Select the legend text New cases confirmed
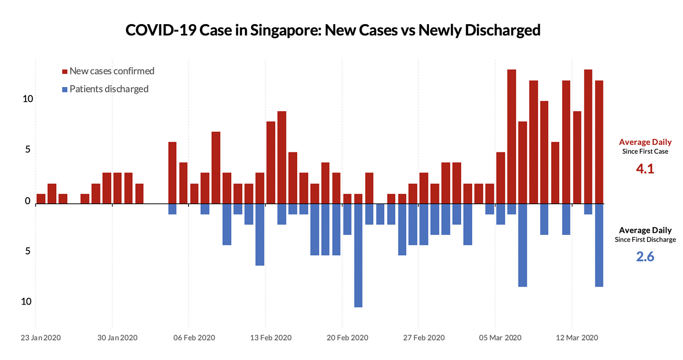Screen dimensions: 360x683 click(112, 71)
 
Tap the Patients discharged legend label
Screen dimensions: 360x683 click(109, 89)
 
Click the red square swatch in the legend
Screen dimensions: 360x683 click(64, 71)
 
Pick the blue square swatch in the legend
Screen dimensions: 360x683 click(64, 89)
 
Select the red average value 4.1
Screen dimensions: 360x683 click(645, 169)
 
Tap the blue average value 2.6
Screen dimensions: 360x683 click(645, 257)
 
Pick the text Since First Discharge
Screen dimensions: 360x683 click(645, 240)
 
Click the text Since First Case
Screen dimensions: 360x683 click(645, 151)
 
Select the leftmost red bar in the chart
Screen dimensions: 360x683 click(41, 199)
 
